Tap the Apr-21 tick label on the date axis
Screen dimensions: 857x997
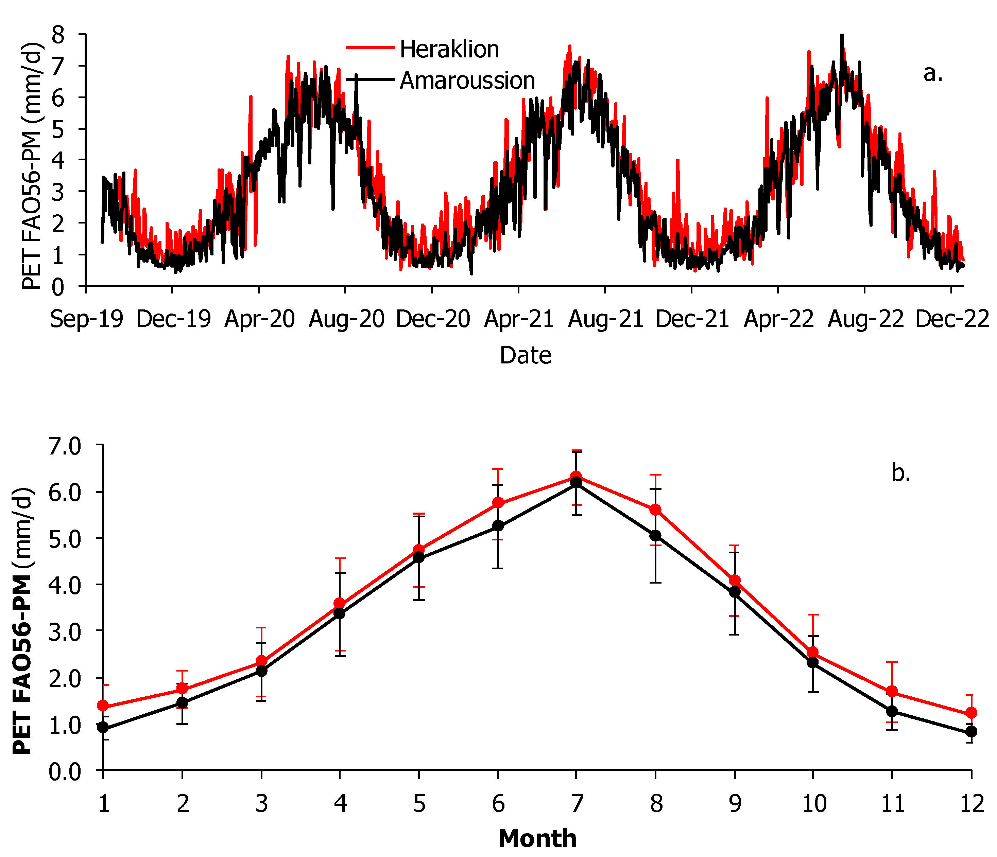tap(519, 319)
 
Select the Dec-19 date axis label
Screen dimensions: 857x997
tap(173, 319)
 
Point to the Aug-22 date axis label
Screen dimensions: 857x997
tap(866, 319)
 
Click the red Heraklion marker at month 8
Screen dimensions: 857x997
tap(655, 510)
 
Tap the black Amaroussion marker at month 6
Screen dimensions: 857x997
tap(498, 525)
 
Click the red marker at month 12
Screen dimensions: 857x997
tap(970, 713)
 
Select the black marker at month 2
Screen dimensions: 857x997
tap(182, 702)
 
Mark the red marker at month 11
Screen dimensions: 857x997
tap(892, 692)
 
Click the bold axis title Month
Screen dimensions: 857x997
tap(537, 839)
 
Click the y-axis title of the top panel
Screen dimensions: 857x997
tap(32, 166)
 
